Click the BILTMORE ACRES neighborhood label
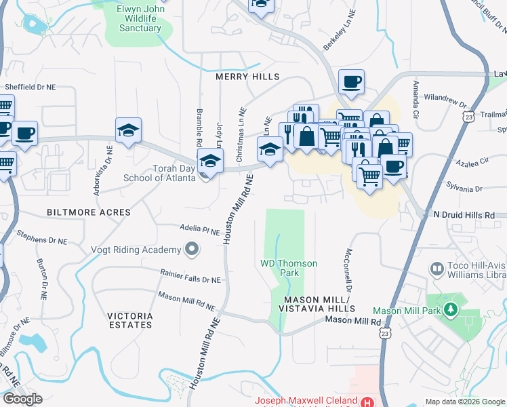point(89,212)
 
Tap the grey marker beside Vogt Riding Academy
point(192,250)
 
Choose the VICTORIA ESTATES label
point(129,320)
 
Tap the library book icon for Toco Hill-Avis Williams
point(437,270)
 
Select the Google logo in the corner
point(22,399)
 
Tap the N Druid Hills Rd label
point(465,215)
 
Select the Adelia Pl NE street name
point(200,230)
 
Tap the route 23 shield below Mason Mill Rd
point(385,333)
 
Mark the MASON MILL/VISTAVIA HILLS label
point(319,304)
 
